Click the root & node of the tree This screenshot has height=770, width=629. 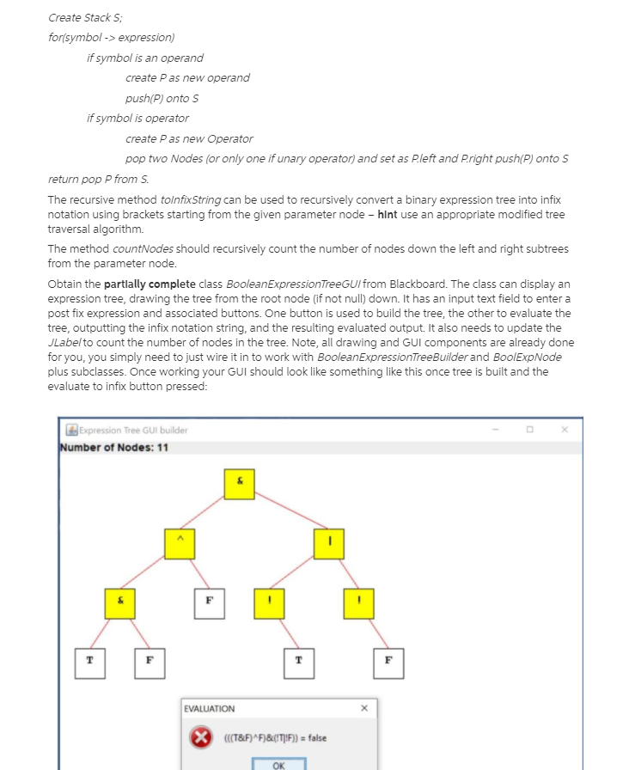pyautogui.click(x=240, y=484)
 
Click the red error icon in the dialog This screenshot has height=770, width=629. pyautogui.click(x=201, y=738)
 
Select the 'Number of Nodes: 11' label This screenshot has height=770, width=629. pyautogui.click(x=114, y=448)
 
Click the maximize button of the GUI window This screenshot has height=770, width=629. pyautogui.click(x=529, y=429)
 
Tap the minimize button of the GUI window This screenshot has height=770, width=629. pyautogui.click(x=495, y=429)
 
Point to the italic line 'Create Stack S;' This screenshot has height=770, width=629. pyautogui.click(x=80, y=17)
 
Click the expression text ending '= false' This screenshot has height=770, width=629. pyautogui.click(x=274, y=738)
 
